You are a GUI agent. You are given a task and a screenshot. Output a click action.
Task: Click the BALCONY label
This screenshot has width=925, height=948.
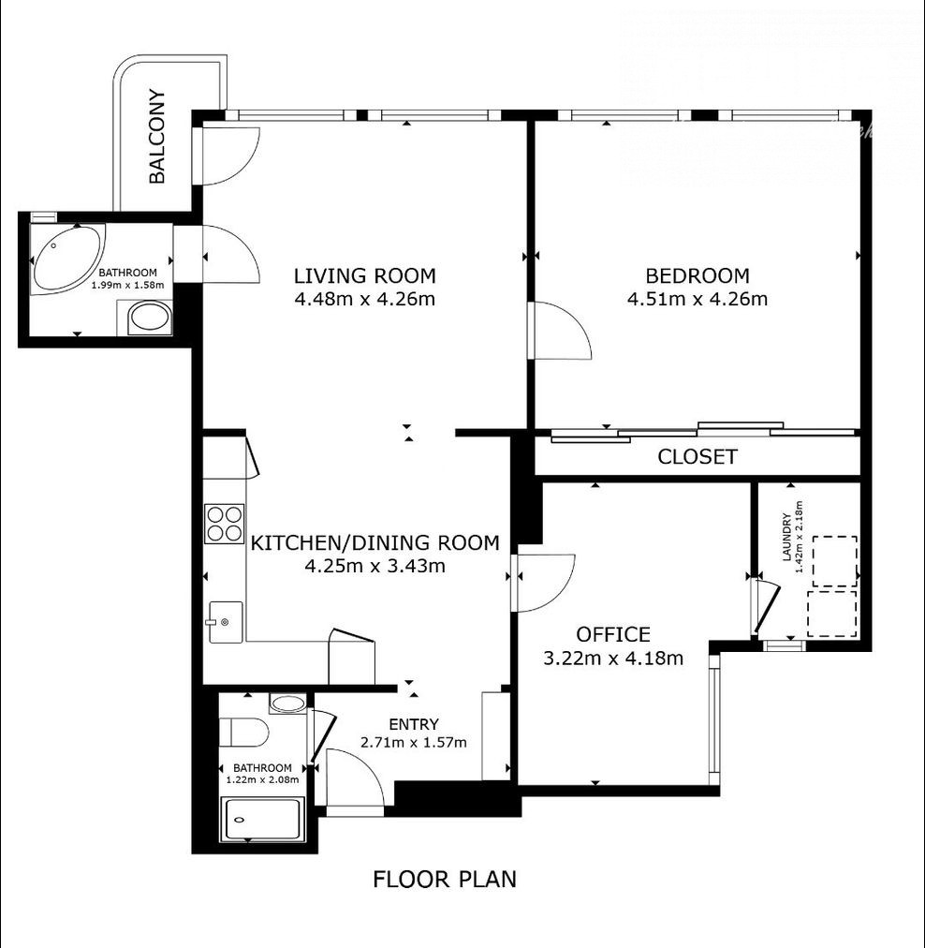click(156, 136)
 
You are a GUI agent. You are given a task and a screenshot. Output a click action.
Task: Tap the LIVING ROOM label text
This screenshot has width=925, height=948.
click(365, 275)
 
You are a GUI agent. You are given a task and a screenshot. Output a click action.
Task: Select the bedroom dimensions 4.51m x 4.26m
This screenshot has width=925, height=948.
click(697, 299)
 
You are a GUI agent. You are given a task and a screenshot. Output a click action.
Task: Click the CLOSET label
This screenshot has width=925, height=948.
click(697, 456)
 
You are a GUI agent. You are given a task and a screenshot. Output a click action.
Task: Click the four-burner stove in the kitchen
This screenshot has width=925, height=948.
click(224, 524)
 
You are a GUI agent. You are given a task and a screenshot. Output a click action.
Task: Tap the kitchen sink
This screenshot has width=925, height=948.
click(226, 622)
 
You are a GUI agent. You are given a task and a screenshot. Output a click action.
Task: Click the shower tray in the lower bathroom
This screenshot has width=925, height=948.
click(263, 820)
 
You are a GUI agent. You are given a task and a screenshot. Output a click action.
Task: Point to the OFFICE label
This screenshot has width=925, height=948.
click(613, 634)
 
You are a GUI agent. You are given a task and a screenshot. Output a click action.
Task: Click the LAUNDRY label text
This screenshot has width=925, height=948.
click(786, 537)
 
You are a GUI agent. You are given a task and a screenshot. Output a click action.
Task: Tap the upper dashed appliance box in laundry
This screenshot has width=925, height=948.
click(834, 561)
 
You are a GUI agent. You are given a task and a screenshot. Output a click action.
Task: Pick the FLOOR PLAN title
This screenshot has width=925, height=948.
click(445, 879)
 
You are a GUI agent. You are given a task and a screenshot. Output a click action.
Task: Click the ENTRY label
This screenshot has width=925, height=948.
click(414, 724)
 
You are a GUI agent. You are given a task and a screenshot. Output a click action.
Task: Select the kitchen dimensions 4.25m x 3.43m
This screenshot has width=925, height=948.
click(375, 566)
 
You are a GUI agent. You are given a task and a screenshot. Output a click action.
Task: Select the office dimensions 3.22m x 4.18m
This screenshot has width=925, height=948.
click(613, 658)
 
